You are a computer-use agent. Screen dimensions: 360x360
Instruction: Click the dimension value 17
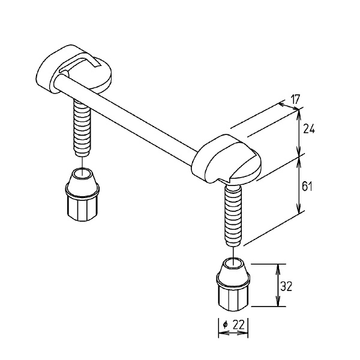(x=295, y=100)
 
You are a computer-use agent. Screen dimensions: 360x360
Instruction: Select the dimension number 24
(x=309, y=128)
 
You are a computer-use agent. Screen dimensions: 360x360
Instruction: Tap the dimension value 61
(x=307, y=186)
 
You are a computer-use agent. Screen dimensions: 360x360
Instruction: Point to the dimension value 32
(x=286, y=287)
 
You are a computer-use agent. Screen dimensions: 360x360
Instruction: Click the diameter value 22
(x=239, y=325)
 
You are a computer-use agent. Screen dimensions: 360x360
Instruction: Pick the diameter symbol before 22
(x=225, y=325)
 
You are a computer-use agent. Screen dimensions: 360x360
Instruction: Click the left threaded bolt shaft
(x=82, y=127)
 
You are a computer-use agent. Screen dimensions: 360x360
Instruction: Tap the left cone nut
(x=82, y=194)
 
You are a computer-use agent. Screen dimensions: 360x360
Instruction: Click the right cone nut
(x=233, y=284)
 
